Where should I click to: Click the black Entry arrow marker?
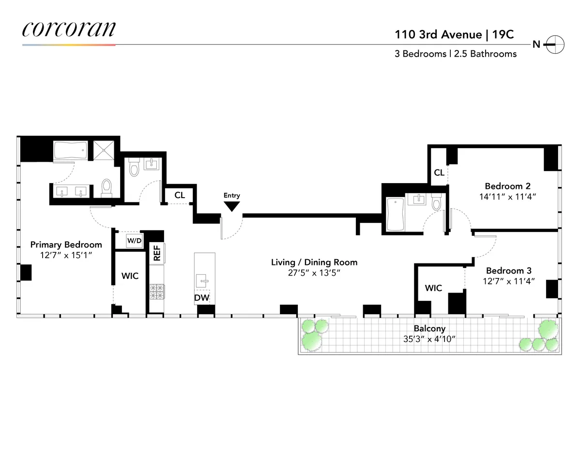[232, 206]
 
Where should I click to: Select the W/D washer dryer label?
[134, 240]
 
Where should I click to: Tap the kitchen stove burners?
[157, 291]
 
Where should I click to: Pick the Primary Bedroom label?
[66, 245]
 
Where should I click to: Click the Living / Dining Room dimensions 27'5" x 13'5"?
[314, 273]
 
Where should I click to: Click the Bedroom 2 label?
[504, 186]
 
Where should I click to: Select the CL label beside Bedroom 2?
[439, 172]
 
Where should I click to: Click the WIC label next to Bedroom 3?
[433, 288]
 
